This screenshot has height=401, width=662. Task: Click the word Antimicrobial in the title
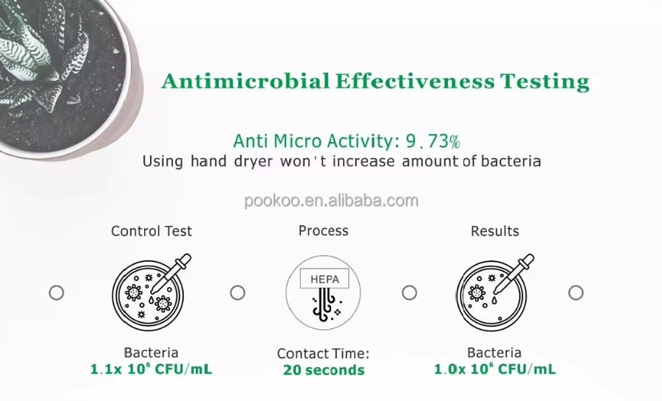(245, 81)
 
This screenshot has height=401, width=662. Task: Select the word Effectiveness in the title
(415, 81)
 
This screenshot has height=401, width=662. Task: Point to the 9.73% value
(433, 141)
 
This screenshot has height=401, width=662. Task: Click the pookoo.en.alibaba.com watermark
(332, 200)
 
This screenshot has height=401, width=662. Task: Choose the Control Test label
(151, 231)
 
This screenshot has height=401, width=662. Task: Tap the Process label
(324, 231)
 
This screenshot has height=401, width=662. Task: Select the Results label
(495, 231)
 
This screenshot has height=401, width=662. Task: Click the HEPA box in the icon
(324, 279)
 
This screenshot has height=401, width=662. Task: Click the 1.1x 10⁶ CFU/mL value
(151, 369)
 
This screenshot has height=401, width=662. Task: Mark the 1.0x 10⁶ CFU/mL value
(495, 369)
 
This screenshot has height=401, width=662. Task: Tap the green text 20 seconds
(324, 370)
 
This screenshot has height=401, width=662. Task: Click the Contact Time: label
(324, 353)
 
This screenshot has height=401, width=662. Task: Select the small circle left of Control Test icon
(57, 293)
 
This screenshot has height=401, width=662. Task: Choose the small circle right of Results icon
(576, 293)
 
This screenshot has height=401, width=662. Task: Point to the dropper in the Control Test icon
(171, 273)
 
